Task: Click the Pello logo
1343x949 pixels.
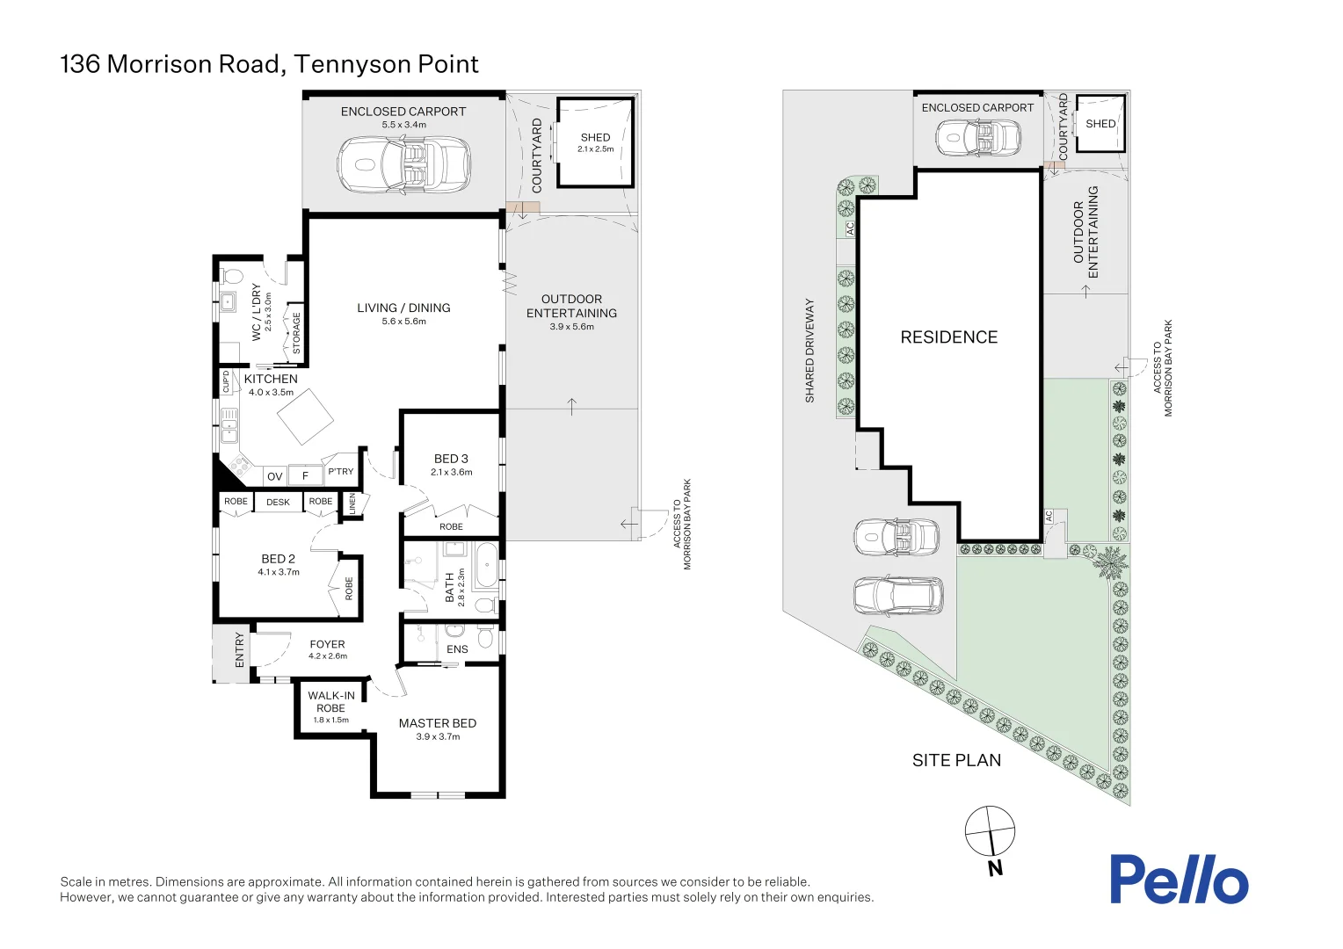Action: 1178,880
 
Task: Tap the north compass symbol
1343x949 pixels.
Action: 990,831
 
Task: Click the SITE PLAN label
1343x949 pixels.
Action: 956,760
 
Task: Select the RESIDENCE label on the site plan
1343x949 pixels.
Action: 948,337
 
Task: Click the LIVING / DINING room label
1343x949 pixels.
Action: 403,308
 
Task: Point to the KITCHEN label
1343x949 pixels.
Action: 271,380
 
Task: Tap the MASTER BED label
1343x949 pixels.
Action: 437,723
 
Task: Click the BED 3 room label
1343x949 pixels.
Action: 451,459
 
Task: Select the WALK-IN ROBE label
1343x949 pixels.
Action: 330,701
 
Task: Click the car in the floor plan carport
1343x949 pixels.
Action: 403,163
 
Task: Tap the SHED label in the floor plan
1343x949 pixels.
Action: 595,138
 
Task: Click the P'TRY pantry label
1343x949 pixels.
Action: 340,472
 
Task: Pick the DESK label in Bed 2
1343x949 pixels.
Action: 278,502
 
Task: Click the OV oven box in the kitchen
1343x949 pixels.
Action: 275,476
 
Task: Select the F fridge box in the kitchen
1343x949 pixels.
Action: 305,476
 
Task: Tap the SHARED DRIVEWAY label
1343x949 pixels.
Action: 809,351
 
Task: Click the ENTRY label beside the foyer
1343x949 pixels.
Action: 239,650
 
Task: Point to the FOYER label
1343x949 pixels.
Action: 327,644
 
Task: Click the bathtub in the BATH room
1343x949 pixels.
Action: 484,567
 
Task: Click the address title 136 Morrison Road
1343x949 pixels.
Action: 269,64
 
